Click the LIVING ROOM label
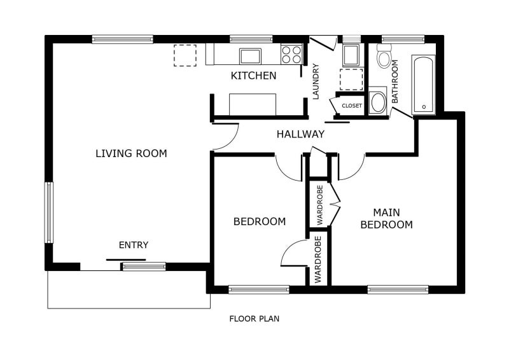tap(131, 153)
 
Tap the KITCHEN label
tap(253, 76)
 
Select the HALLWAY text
tap(300, 134)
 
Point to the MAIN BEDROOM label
tap(386, 218)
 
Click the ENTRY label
tap(134, 245)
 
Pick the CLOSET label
tap(352, 106)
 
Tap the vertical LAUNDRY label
tap(316, 81)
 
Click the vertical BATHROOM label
tap(394, 81)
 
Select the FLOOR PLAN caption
tap(254, 319)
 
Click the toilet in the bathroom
tap(384, 55)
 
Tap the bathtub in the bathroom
tap(424, 85)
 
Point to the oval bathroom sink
tap(378, 102)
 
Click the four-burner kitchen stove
tap(291, 54)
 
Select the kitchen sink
tap(250, 56)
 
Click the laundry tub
tap(351, 55)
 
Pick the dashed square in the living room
tap(185, 55)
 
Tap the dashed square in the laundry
tap(351, 80)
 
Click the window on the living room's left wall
tap(49, 212)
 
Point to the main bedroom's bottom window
tap(398, 289)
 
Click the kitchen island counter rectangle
tap(253, 104)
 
